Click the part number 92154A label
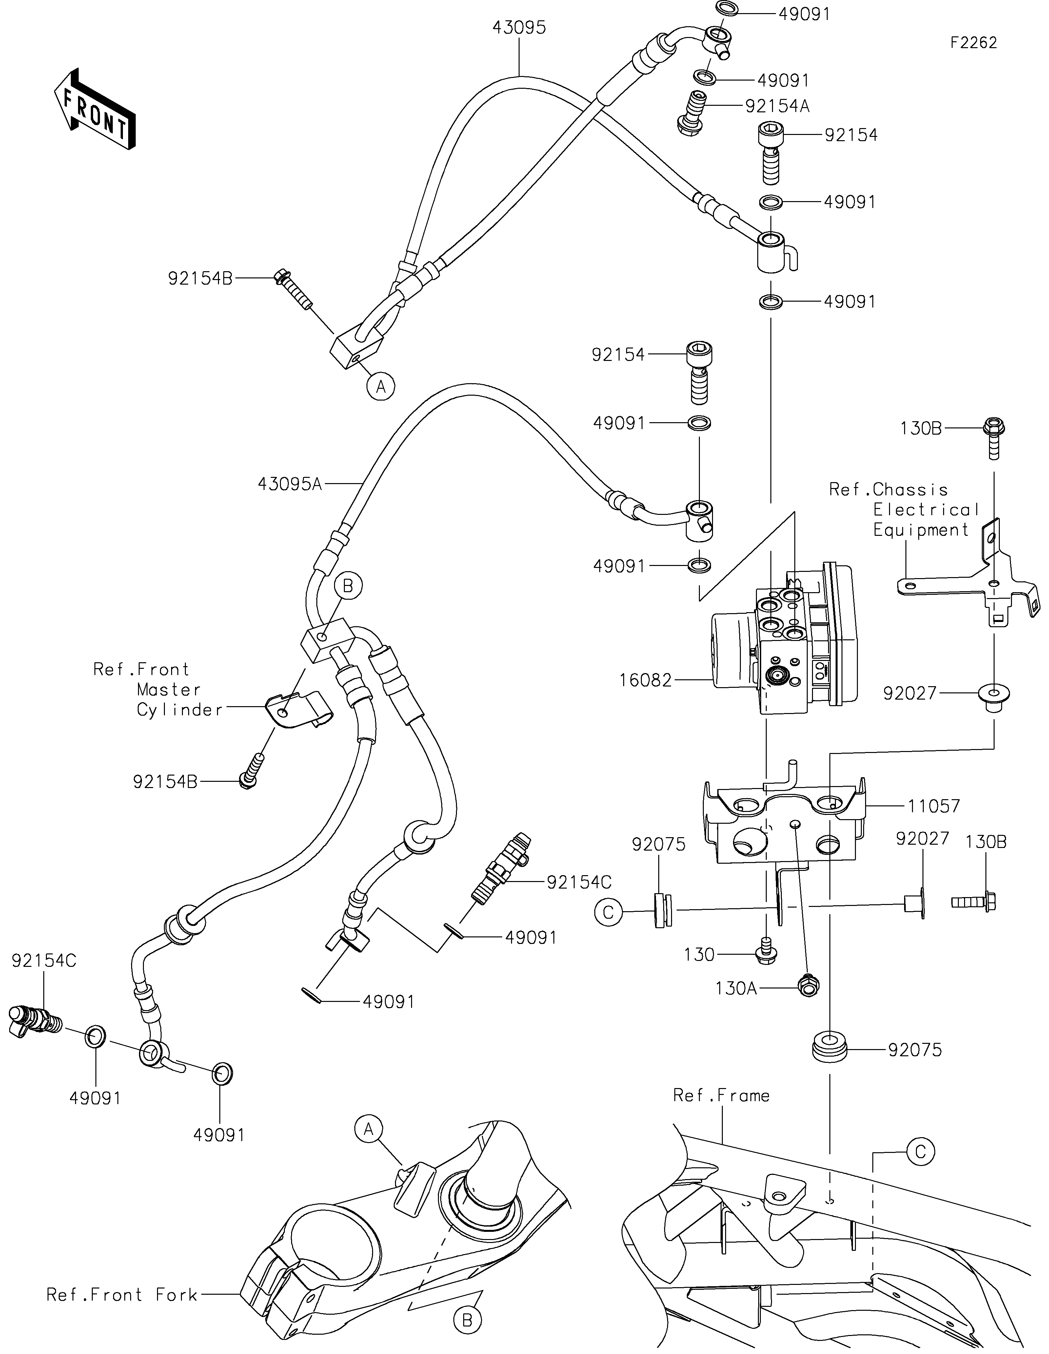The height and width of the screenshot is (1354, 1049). click(x=777, y=106)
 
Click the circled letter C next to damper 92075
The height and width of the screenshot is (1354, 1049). click(x=608, y=912)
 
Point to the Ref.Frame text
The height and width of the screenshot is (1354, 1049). click(x=721, y=1096)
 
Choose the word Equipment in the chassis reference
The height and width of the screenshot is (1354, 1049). click(x=920, y=530)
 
